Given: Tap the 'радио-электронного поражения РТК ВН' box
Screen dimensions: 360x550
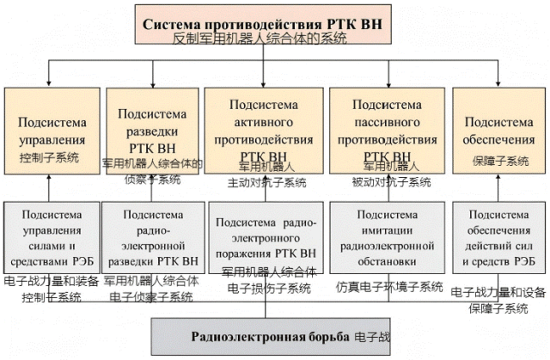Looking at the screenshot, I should click(x=266, y=237).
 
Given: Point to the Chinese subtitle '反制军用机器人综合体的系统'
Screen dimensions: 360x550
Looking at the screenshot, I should click(x=259, y=38).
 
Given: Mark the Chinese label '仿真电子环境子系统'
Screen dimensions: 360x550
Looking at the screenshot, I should click(x=390, y=286).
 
